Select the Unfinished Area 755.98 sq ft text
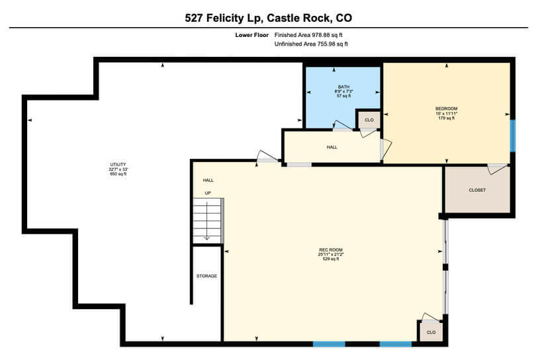point(311,44)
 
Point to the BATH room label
point(343,87)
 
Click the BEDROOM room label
point(446,109)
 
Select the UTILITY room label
point(118,165)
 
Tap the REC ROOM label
point(329,250)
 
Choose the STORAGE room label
point(206,276)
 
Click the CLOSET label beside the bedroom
point(477,190)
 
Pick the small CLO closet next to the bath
point(369,120)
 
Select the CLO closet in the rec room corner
point(431,332)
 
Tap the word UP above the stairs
point(207,193)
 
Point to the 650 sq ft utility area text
point(118,174)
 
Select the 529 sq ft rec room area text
point(329,259)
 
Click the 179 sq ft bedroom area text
point(446,118)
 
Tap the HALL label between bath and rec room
point(332,147)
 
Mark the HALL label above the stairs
point(208,180)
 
